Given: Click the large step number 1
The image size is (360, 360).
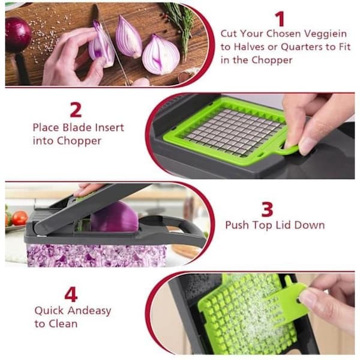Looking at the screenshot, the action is (x=280, y=19).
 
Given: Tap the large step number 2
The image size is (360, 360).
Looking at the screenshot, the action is (x=76, y=110).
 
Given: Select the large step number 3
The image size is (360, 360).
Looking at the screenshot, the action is (x=267, y=209).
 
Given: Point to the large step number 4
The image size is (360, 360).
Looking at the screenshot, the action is (x=71, y=295).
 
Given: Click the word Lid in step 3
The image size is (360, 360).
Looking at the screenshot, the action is (x=283, y=225).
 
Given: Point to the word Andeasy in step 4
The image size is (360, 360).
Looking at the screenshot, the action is (x=89, y=311).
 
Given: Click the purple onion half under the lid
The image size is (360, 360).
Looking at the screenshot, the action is (x=115, y=217).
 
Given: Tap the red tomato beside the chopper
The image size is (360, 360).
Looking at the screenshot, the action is (x=20, y=218).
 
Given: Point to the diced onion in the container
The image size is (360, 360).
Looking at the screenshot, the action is (x=97, y=256).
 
